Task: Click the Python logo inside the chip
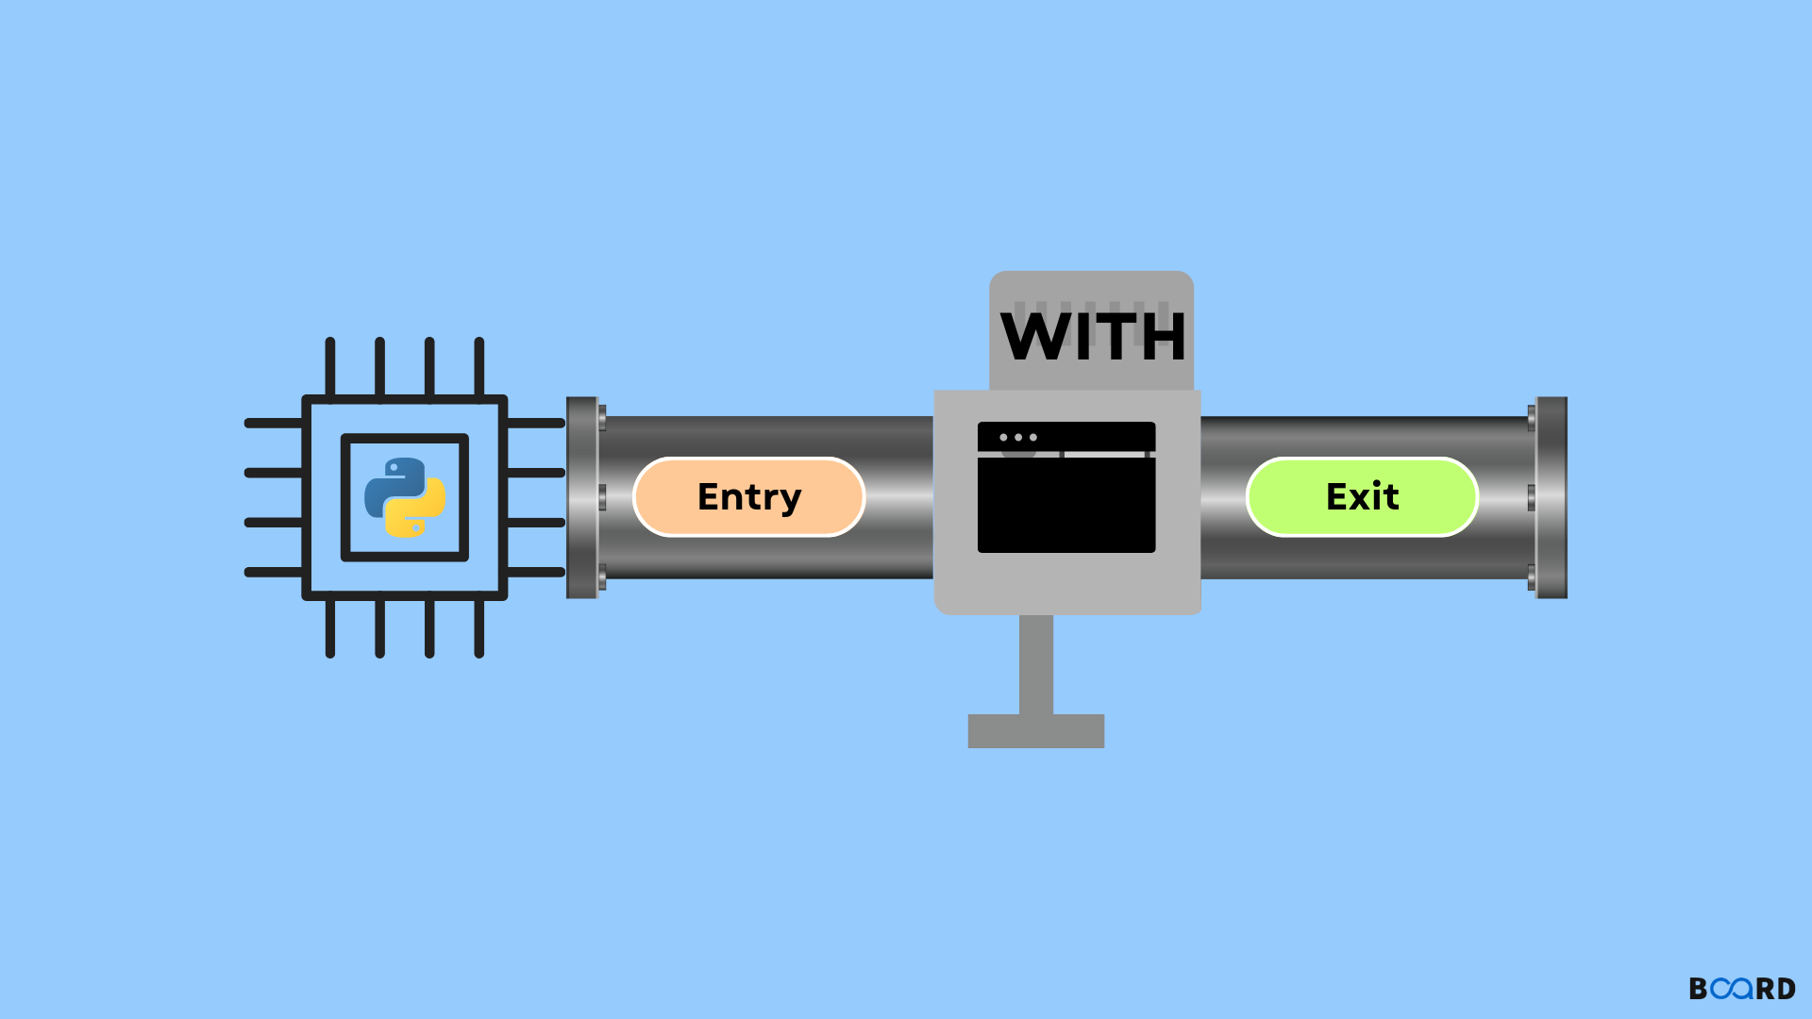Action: pos(405,497)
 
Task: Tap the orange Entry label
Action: pos(749,497)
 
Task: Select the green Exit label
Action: pos(1362,497)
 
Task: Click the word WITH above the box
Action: pos(1093,337)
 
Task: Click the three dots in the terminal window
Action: pos(1018,438)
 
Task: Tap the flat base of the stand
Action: pos(1036,731)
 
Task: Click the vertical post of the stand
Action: pos(1036,664)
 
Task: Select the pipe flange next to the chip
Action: pos(583,497)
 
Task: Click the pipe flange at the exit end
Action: pos(1551,497)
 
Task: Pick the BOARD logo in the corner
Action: pos(1742,989)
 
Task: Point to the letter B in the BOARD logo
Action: pos(1699,989)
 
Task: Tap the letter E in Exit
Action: pos(1337,496)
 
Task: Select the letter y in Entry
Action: pos(789,500)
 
